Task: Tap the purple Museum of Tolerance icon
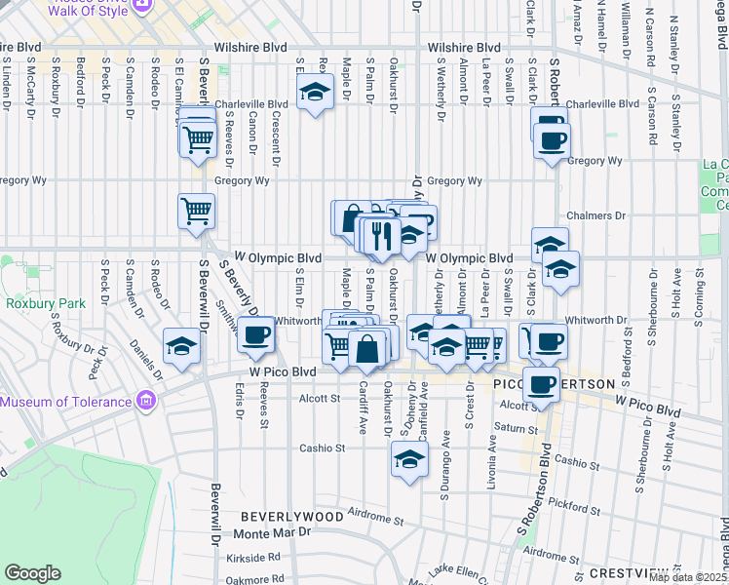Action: point(146,401)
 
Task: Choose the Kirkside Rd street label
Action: point(257,557)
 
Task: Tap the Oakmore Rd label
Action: point(257,579)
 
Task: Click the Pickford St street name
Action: point(573,507)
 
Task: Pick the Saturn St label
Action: point(509,428)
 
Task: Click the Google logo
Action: point(32,573)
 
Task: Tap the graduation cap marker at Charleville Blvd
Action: point(315,94)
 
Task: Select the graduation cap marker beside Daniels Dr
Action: point(181,346)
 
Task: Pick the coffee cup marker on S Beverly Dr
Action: point(256,335)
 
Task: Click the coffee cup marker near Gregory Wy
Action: point(552,139)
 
